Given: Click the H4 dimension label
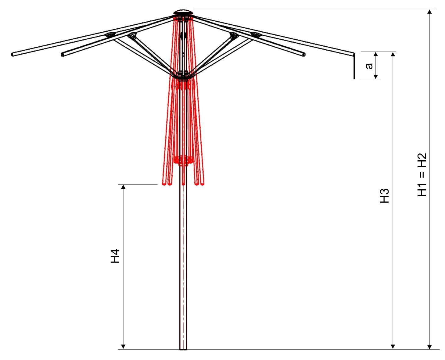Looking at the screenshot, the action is pyautogui.click(x=115, y=256).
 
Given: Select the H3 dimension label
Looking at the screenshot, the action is pyautogui.click(x=384, y=196).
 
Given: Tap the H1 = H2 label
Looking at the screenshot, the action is pyautogui.click(x=422, y=175).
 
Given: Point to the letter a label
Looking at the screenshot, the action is pyautogui.click(x=369, y=66).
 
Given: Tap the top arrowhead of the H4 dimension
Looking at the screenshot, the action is pyautogui.click(x=123, y=187).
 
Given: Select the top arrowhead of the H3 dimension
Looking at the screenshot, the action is pyautogui.click(x=393, y=54).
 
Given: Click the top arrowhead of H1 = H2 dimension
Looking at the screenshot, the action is pyautogui.click(x=429, y=12).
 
